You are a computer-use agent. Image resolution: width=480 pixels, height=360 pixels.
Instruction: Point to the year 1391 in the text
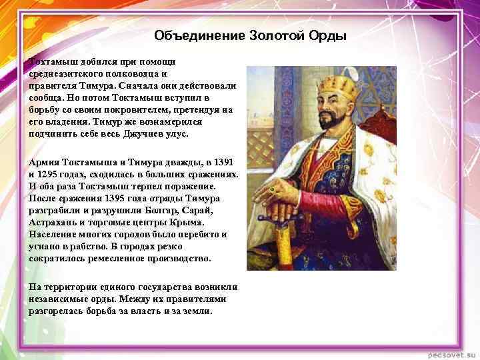point(227,163)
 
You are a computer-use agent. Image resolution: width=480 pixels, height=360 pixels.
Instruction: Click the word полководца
point(133,74)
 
